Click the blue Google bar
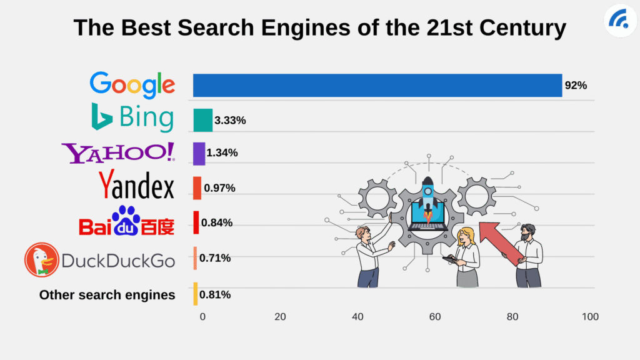coord(377,86)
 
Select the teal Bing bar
coord(202,121)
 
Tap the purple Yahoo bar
coord(199,154)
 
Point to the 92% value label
coord(575,86)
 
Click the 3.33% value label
coord(229,121)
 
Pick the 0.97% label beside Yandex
coord(218,187)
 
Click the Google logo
coord(132,85)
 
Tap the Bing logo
coord(132,117)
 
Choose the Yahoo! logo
coord(118,153)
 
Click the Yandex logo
coord(136,186)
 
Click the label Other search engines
coord(107,295)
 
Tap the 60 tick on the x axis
coord(435,317)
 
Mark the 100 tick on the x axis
coord(589,317)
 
